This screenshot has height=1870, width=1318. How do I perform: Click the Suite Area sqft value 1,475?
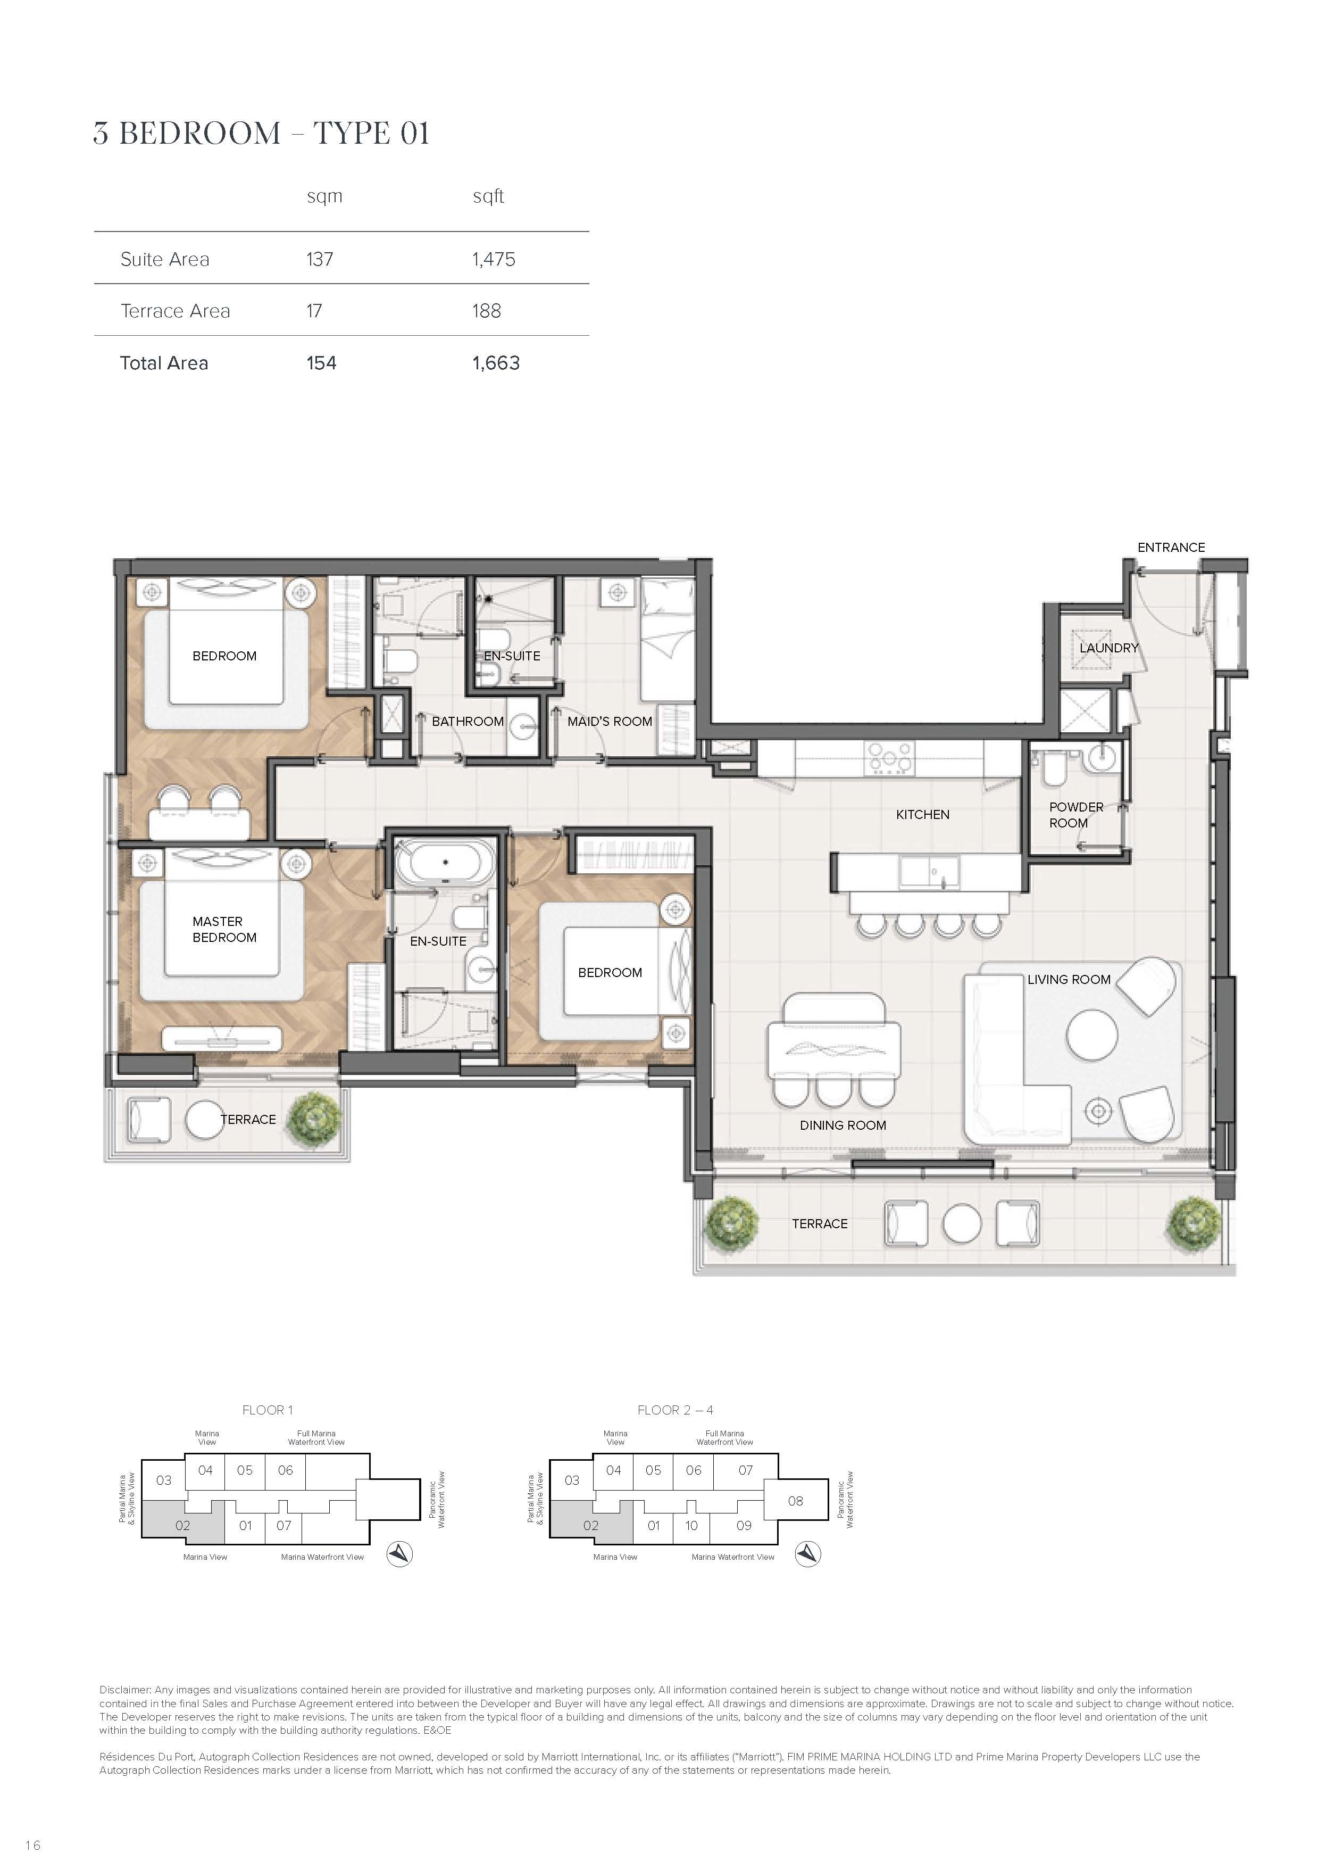click(x=494, y=259)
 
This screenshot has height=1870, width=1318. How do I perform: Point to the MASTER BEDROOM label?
click(x=224, y=929)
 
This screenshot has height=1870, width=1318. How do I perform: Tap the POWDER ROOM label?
click(x=1075, y=814)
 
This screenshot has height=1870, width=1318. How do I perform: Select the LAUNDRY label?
click(x=1109, y=648)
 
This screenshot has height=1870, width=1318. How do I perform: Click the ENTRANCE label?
click(x=1171, y=547)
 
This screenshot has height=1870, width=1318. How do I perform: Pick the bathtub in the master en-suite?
click(x=445, y=861)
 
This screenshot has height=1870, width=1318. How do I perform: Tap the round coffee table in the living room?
click(x=1092, y=1035)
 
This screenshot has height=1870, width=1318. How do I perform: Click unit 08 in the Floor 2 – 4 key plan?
click(x=795, y=1500)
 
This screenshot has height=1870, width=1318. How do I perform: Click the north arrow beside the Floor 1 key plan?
click(x=399, y=1554)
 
